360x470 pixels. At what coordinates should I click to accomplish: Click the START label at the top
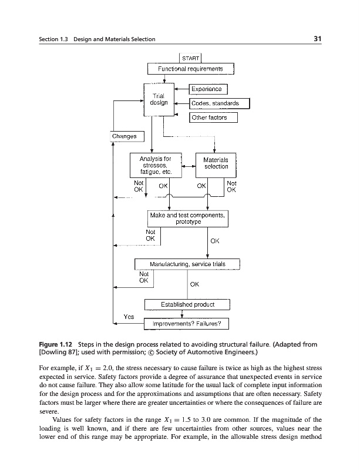[190, 58]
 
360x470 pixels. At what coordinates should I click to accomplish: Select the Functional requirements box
[190, 69]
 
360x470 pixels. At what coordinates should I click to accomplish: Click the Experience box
[208, 89]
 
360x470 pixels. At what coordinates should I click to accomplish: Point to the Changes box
[124, 136]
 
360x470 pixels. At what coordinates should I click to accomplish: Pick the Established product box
[188, 304]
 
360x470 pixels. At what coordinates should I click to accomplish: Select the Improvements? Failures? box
[186, 324]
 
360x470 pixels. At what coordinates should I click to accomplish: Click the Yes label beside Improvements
[129, 317]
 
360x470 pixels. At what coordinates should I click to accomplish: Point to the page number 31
[320, 39]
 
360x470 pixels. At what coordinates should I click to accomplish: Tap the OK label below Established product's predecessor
[195, 285]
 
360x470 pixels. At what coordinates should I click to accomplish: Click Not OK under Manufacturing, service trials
[143, 277]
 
